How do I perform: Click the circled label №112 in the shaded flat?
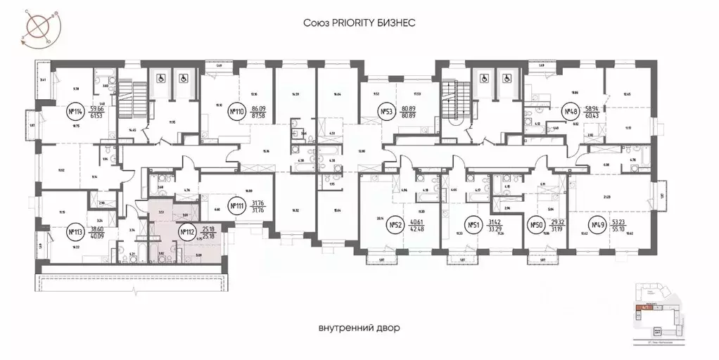point(186,231)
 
